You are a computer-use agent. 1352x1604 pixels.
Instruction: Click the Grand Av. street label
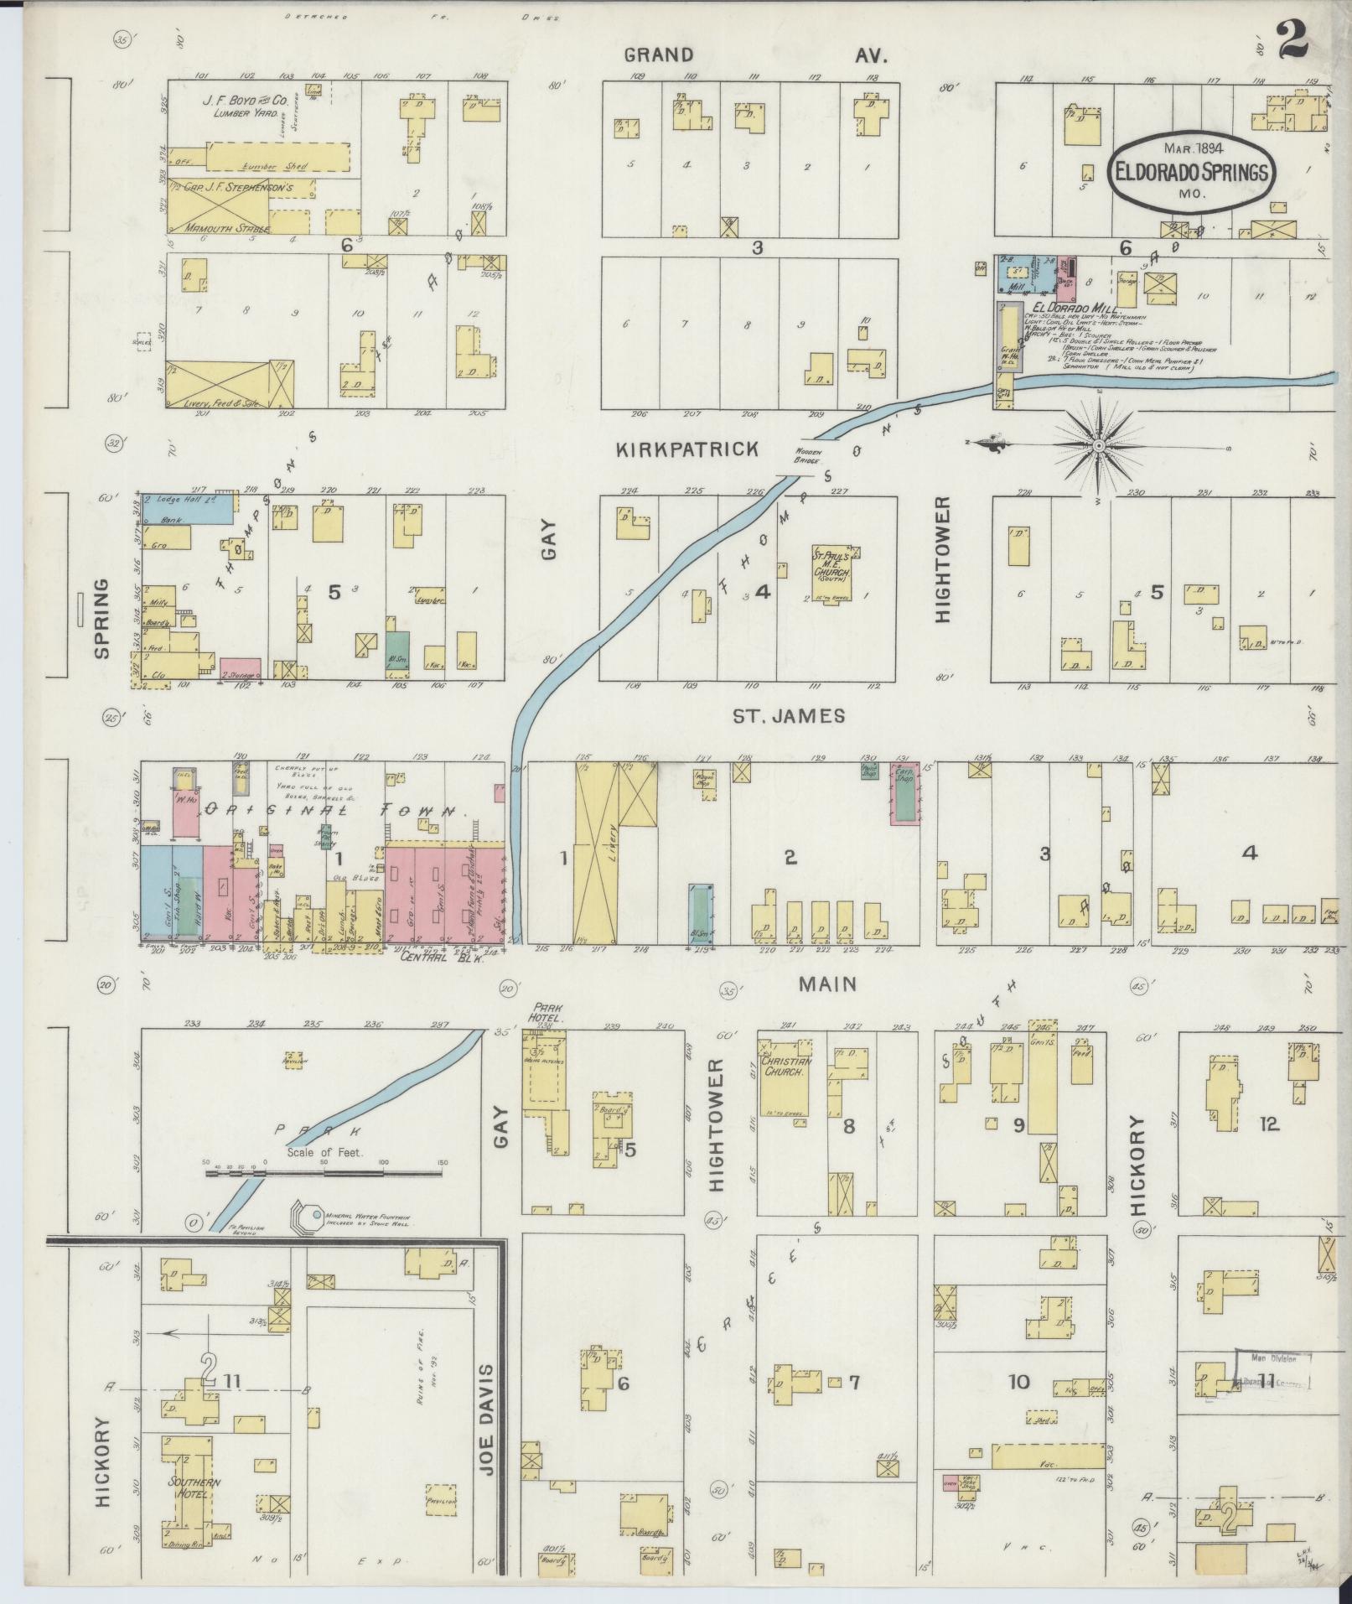coord(754,55)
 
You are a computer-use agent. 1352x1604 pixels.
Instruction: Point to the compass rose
coord(1098,446)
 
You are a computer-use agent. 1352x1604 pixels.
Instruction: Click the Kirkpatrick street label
coord(686,449)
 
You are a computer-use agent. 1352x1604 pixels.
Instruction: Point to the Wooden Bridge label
coord(811,457)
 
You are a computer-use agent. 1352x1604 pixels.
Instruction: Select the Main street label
coord(826,984)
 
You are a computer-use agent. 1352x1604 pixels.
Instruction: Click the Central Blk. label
coord(431,957)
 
